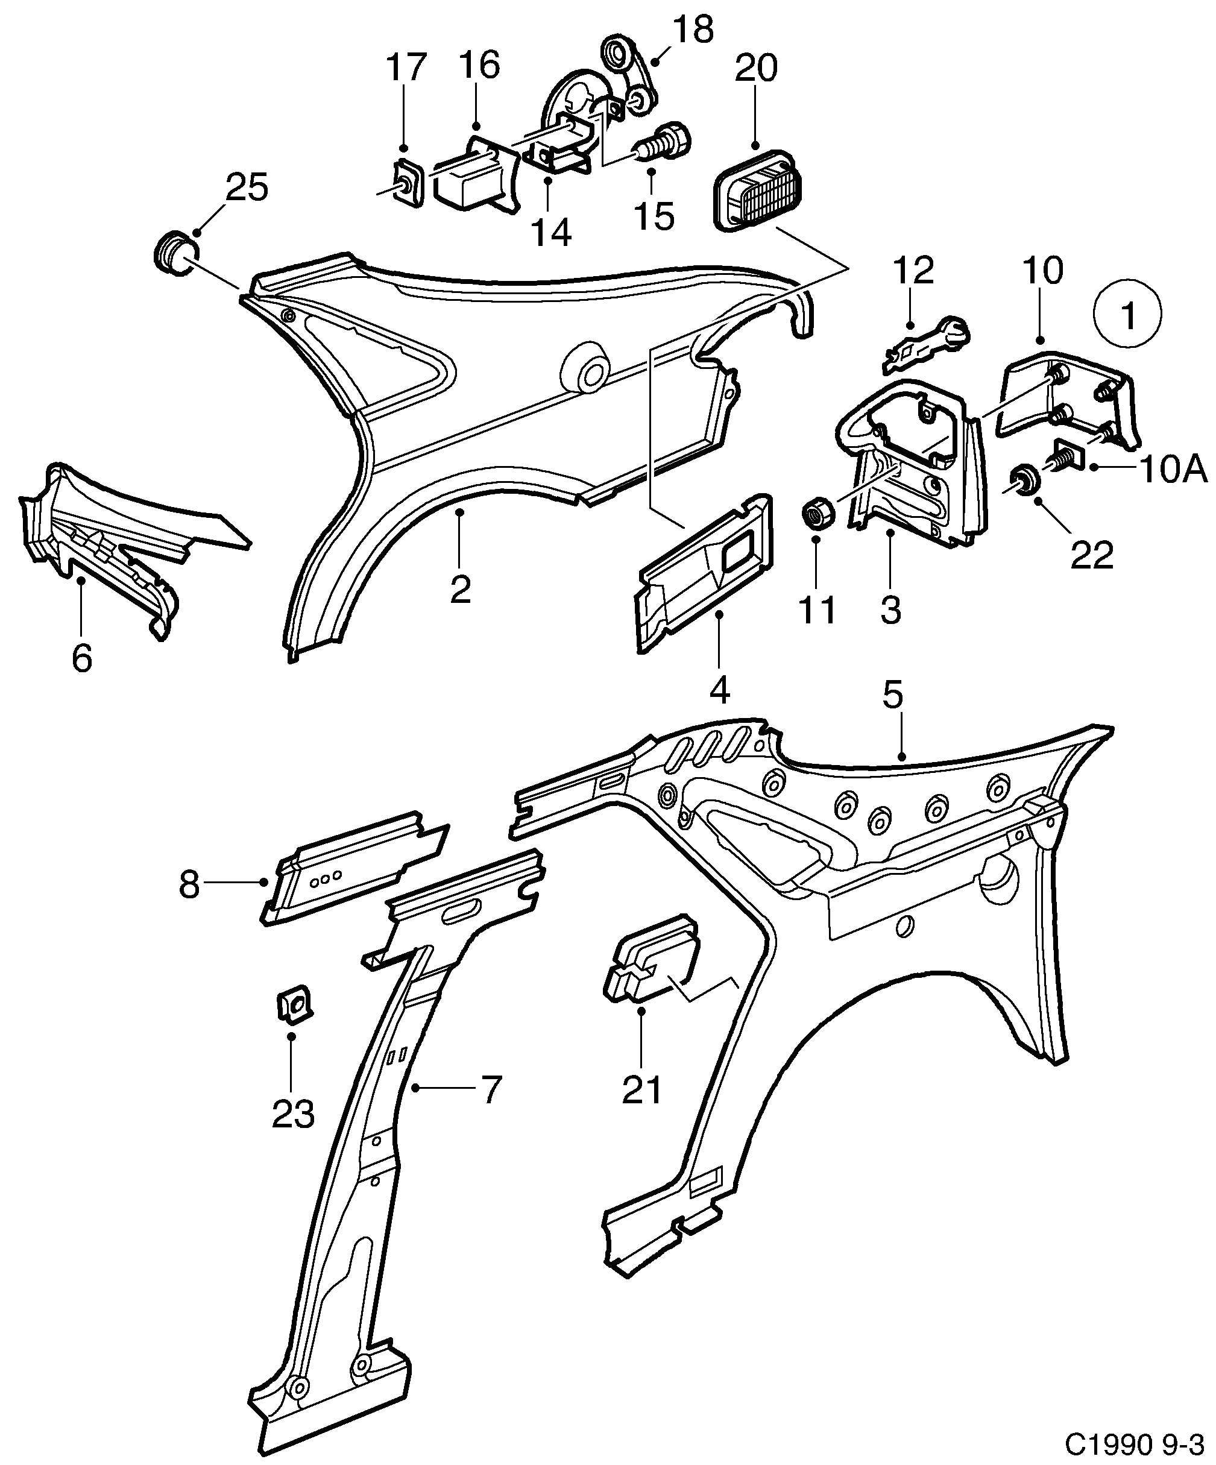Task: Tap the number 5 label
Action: pos(892,695)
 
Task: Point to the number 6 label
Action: pos(81,658)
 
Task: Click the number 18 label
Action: pos(693,31)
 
